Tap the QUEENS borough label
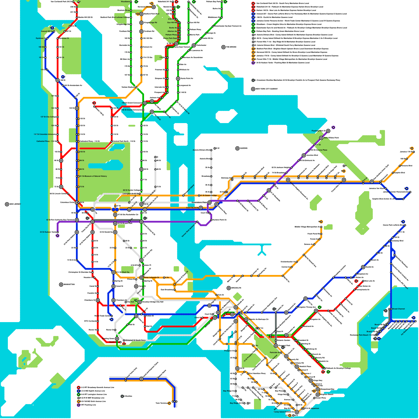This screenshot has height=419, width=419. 244,148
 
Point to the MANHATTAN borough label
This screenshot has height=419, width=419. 69,285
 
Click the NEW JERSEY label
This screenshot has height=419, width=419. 15,204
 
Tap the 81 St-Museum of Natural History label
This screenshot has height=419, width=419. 93,176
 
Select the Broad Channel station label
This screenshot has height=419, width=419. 398,309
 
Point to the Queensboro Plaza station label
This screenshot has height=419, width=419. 199,202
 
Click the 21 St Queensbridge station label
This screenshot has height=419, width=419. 208,196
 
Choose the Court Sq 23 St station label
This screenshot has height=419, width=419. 192,208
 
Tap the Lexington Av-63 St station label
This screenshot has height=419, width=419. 130,194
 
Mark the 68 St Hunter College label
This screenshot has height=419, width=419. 131,190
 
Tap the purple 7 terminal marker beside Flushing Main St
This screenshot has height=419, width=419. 333,128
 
